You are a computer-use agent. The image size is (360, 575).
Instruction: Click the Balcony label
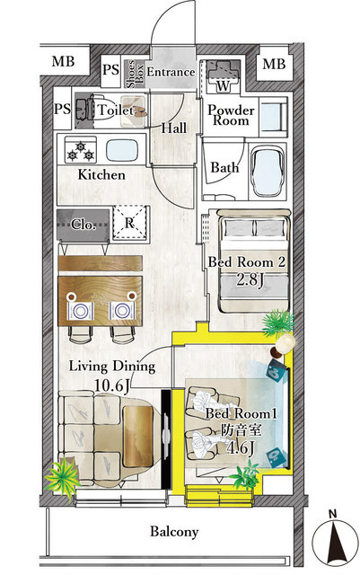pos(174,531)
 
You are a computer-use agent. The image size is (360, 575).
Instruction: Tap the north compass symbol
pos(335,543)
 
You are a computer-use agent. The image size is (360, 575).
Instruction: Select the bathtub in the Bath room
pos(268,172)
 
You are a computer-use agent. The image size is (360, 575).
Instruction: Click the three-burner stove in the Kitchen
pos(80,150)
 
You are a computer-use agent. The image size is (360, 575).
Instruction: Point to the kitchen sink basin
pos(122,150)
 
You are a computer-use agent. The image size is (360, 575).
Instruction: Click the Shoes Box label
pos(135,74)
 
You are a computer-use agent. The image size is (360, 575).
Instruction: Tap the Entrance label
pos(171,72)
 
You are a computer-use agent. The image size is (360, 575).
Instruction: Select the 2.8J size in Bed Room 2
pos(250,280)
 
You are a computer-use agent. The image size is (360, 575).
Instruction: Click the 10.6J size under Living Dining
pos(112,385)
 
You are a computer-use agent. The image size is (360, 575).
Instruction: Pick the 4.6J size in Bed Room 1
pos(241,448)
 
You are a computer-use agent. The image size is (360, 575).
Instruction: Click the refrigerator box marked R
pos(130,223)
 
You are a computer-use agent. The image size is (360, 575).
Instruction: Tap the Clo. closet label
pos(84,224)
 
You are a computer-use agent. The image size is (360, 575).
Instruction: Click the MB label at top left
pos(63,61)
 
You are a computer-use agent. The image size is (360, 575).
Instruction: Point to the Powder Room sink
pos(272,116)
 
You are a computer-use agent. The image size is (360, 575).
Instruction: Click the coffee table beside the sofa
pos(138,436)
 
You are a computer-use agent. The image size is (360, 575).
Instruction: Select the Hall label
pos(174,128)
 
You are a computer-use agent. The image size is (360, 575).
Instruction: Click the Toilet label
pos(116,110)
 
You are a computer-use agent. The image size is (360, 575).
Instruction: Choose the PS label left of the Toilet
pos(63,109)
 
